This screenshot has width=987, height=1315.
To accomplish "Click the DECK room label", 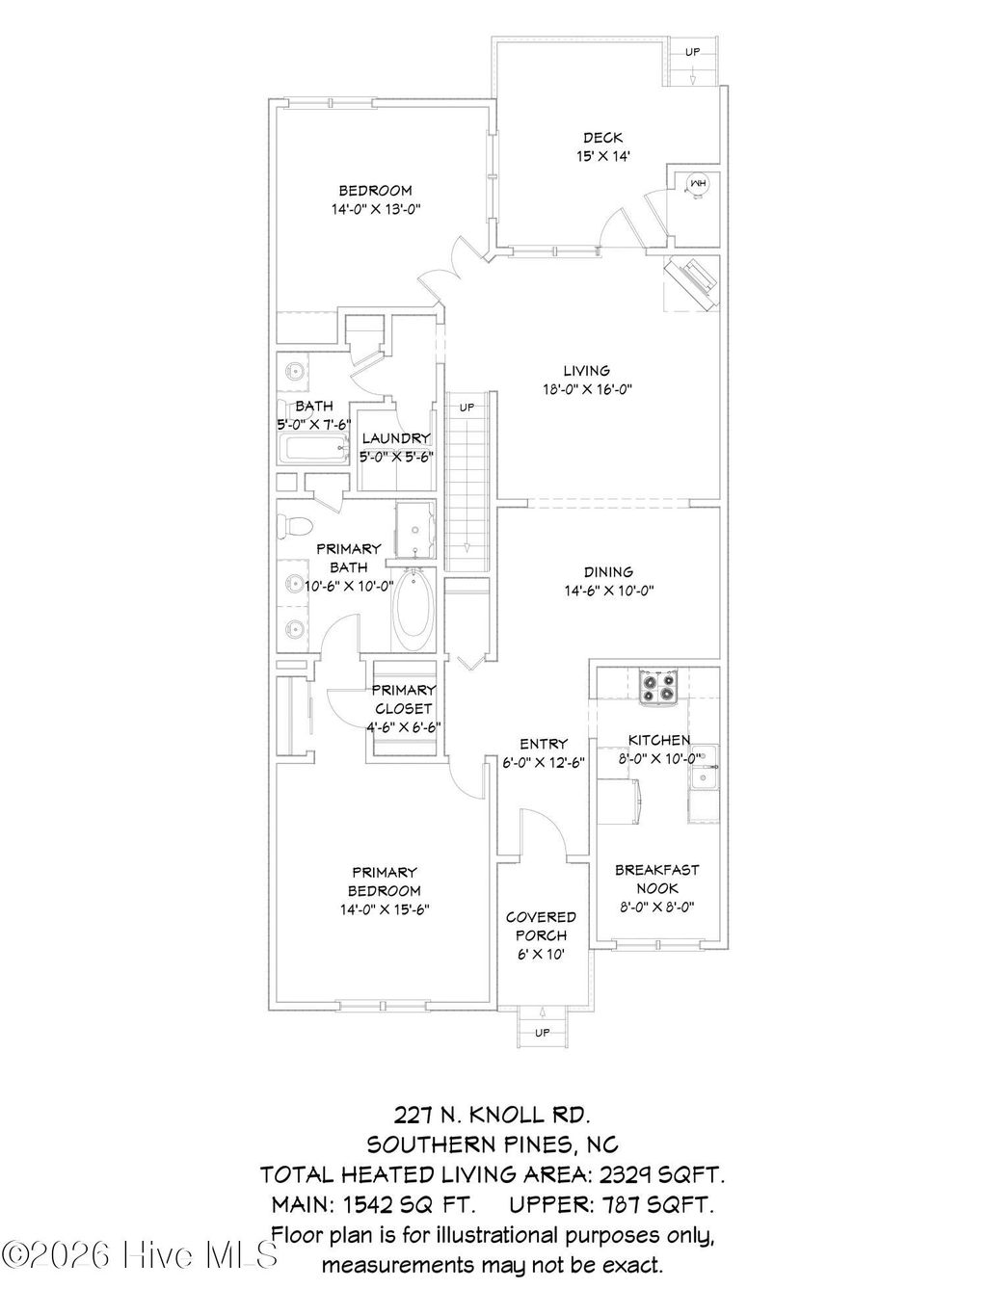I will coord(602,138).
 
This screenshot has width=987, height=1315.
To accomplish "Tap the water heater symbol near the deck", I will coord(696,183).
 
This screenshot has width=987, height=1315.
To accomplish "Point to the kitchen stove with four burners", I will coord(659,686).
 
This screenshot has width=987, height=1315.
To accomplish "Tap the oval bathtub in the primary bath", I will coord(414,612).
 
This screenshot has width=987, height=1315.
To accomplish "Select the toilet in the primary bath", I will coord(294,527).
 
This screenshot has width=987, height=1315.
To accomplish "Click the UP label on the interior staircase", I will coord(467,408).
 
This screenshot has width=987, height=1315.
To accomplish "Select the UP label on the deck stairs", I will coord(692,52).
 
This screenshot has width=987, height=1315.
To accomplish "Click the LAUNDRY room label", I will coord(396,438).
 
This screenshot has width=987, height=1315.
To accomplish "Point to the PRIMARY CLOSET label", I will coord(404,698).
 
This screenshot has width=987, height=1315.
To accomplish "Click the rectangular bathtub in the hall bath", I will coord(312,449).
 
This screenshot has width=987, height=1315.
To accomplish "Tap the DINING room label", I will coord(608,571).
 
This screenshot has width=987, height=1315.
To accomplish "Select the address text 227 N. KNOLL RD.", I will coord(492,1115).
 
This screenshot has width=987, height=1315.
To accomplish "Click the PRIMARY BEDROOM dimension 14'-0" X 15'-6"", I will coord(384,908).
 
